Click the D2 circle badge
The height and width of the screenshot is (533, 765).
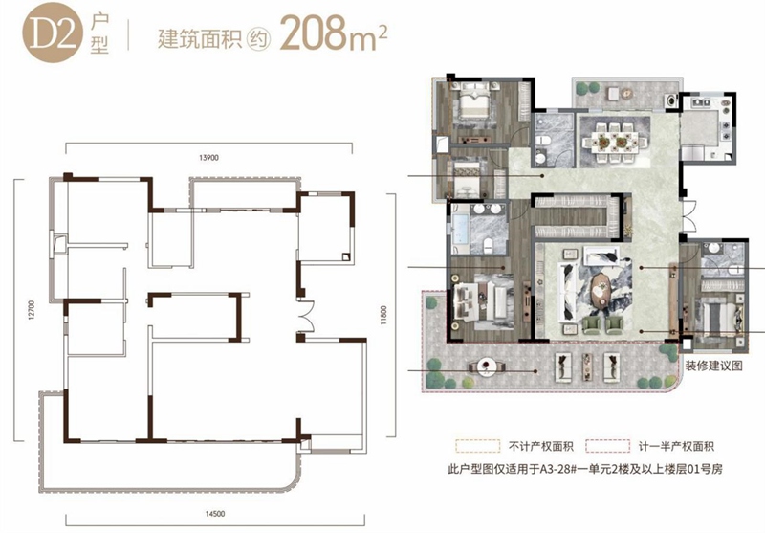54,34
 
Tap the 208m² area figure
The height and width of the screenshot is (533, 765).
333,33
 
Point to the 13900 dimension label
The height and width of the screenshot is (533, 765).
208,158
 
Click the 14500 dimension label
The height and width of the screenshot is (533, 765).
215,514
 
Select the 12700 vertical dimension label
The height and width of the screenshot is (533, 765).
32,310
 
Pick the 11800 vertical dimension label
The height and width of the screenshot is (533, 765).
383,316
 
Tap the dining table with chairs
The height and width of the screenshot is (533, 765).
612,142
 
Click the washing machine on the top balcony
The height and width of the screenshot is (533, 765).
671,100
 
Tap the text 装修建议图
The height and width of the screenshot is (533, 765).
713,366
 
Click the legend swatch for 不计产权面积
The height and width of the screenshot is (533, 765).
478,446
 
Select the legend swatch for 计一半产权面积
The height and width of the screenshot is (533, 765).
608,446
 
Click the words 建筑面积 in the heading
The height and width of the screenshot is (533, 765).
200,38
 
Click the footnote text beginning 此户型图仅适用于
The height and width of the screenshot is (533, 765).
585,470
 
